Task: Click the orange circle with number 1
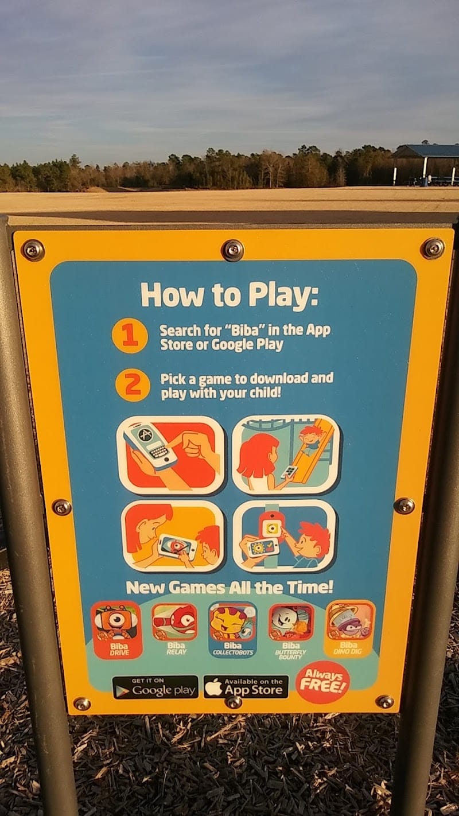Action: coord(129,335)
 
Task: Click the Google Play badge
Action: coord(155,687)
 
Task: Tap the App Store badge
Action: coord(246,686)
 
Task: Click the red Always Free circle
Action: coord(322,682)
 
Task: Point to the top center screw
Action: coord(233,250)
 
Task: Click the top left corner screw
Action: coord(33,250)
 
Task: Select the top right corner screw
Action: coord(434,248)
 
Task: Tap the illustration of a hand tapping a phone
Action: coord(170,456)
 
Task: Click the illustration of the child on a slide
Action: coord(286,454)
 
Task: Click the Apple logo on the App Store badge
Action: coord(214,686)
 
